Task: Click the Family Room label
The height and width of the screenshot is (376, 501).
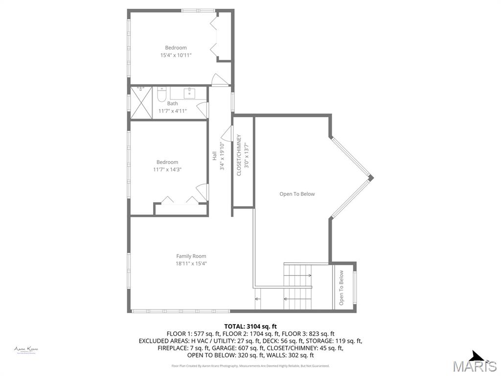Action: [191, 256]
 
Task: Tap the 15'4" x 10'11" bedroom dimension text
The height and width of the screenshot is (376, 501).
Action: [176, 55]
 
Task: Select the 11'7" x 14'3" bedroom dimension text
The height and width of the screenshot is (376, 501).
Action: [167, 169]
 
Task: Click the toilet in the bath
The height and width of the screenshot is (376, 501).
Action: [162, 94]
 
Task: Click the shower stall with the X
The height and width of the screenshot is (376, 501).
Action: [142, 102]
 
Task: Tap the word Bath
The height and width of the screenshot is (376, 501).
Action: [172, 103]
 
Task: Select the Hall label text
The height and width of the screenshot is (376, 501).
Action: [214, 156]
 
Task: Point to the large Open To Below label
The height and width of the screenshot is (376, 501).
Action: [297, 194]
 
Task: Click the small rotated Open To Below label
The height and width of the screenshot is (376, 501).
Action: [342, 288]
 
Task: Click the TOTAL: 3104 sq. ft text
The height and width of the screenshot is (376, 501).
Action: [250, 326]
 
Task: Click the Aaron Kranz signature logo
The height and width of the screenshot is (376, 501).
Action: [26, 350]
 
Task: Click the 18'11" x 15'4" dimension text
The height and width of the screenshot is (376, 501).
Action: [191, 263]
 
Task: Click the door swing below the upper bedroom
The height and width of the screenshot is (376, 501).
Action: [219, 80]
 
